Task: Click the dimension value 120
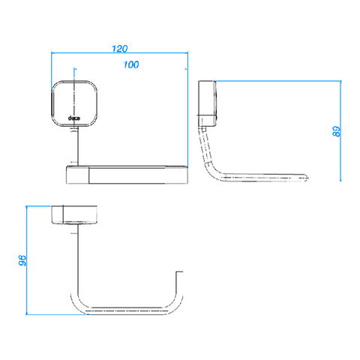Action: pos(119,49)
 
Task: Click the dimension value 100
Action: pos(131,64)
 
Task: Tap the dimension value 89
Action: pos(337,131)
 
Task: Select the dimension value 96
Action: pos(22,260)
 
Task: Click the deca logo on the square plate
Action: pos(74,118)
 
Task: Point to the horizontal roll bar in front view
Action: pos(127,175)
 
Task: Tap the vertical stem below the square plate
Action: pos(78,146)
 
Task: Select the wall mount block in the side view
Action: pos(207,103)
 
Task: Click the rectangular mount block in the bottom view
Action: pos(74,214)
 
